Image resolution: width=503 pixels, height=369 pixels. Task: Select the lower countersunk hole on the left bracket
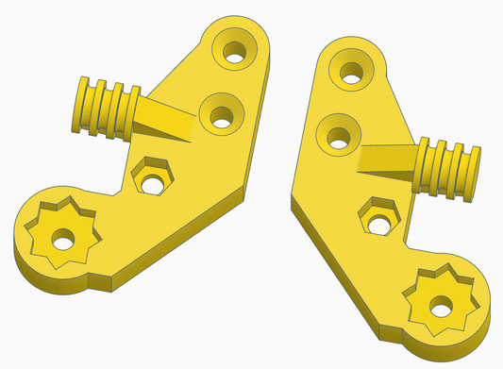click(221, 116)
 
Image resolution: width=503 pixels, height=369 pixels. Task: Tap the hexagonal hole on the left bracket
click(148, 176)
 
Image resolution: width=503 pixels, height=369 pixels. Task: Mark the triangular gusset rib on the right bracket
click(387, 160)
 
